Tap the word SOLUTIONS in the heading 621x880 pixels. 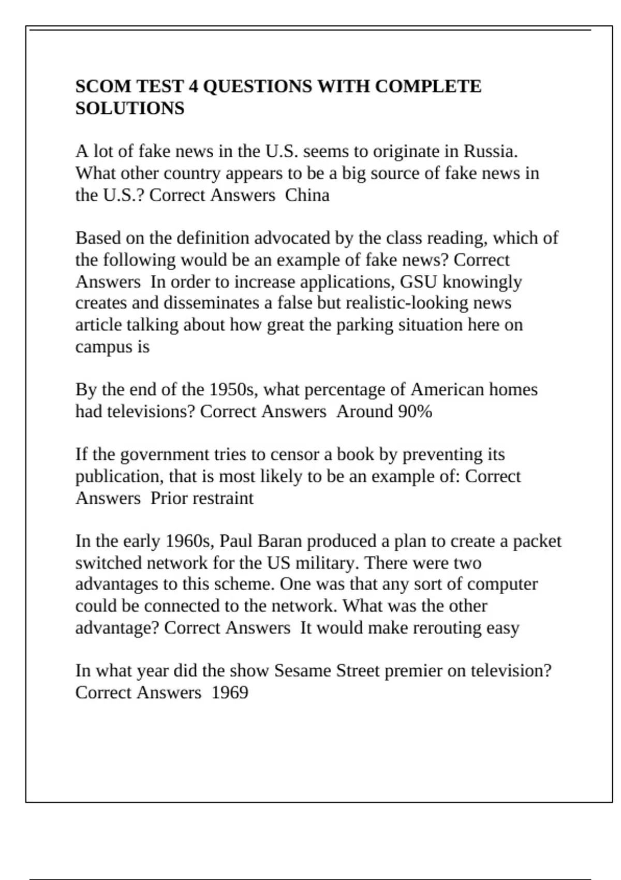point(130,108)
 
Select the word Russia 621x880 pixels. point(490,151)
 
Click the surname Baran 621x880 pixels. point(279,541)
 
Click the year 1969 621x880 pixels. point(230,693)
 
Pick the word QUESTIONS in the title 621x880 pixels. point(257,86)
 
